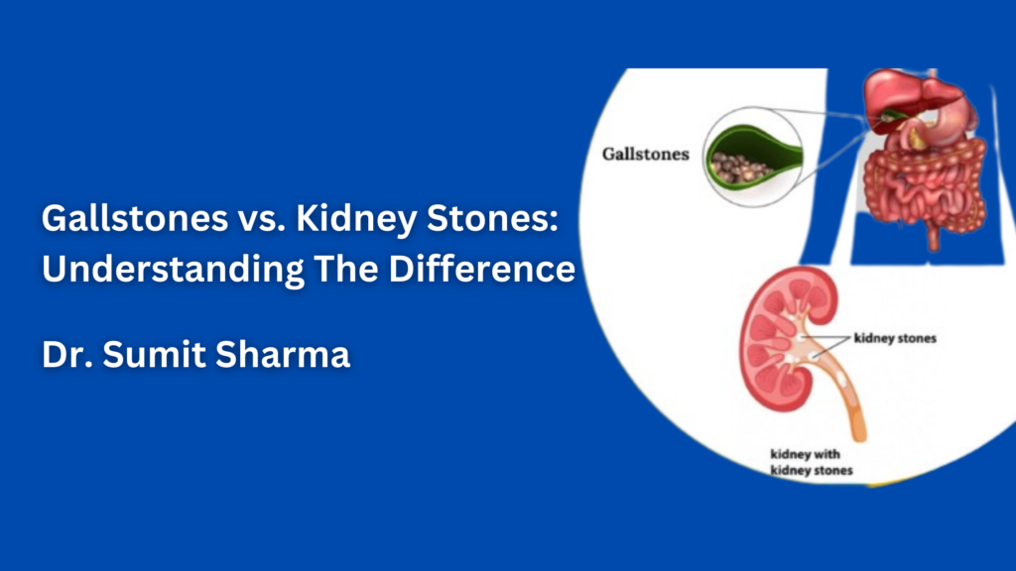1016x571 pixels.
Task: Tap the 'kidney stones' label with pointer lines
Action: [894, 338]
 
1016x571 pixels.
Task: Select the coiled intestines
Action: [923, 183]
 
